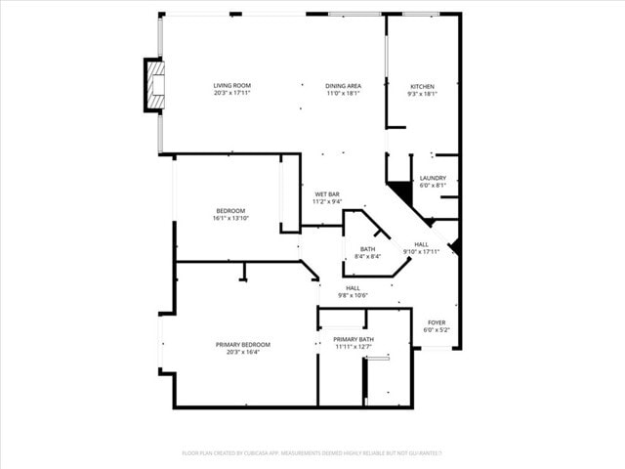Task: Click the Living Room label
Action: click(x=231, y=86)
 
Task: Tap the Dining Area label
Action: click(x=343, y=86)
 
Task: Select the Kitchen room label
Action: click(x=422, y=86)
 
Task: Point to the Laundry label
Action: click(x=433, y=178)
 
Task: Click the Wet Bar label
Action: click(x=327, y=193)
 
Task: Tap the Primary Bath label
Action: click(x=354, y=339)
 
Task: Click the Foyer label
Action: click(x=437, y=322)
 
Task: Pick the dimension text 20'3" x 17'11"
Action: click(x=231, y=94)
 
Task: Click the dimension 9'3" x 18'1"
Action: click(x=422, y=94)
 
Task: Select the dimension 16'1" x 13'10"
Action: click(x=230, y=218)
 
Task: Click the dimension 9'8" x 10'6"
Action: click(x=353, y=295)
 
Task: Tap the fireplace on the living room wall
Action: click(x=154, y=86)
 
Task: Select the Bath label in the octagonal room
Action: click(x=367, y=249)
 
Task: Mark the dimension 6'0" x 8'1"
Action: click(x=433, y=186)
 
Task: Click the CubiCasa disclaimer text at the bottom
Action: click(x=312, y=452)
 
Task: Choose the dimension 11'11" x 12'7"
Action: click(x=354, y=347)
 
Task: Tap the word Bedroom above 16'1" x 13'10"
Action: click(x=230, y=210)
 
